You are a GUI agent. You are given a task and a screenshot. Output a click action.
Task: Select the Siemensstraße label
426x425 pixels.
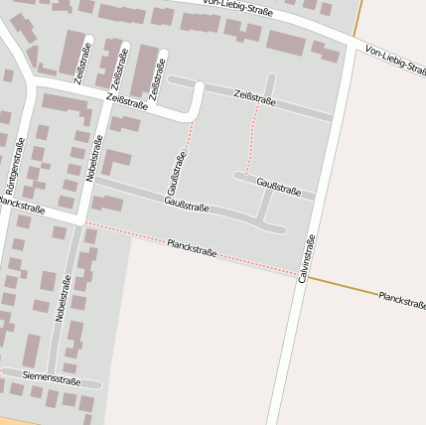[x=52, y=378]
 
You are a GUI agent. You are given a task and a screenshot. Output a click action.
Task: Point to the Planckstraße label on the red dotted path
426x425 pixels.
[x=192, y=246]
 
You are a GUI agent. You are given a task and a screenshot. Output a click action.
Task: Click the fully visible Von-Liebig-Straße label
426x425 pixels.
[x=237, y=10]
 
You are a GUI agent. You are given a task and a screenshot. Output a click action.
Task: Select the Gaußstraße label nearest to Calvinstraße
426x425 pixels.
[x=278, y=186]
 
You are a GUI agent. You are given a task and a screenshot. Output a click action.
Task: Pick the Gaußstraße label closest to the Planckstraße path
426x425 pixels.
[x=187, y=206]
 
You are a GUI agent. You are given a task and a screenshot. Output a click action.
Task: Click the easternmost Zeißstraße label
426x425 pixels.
[x=254, y=97]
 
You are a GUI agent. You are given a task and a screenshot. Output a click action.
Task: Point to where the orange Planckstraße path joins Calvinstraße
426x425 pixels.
[x=306, y=278]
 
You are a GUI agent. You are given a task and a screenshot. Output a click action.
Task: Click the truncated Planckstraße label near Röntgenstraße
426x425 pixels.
[x=22, y=207]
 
